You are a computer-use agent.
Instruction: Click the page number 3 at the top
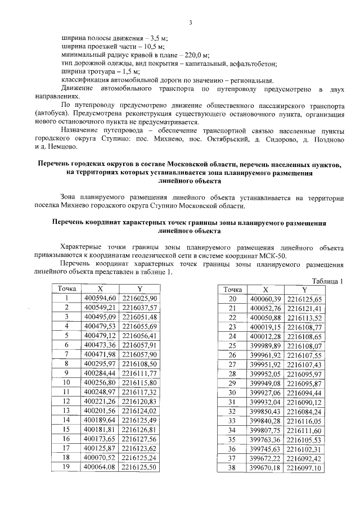tap(191, 22)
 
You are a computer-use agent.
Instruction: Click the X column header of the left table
tap(100, 289)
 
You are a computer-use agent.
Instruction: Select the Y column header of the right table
tap(304, 289)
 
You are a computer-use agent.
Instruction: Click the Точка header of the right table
tap(232, 289)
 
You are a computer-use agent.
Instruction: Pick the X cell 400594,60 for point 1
tap(100, 298)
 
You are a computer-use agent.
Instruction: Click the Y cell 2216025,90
tap(139, 298)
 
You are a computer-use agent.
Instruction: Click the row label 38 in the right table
tap(232, 467)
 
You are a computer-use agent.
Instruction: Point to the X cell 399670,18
tap(265, 467)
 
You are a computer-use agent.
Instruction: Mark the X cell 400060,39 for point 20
tap(265, 299)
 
